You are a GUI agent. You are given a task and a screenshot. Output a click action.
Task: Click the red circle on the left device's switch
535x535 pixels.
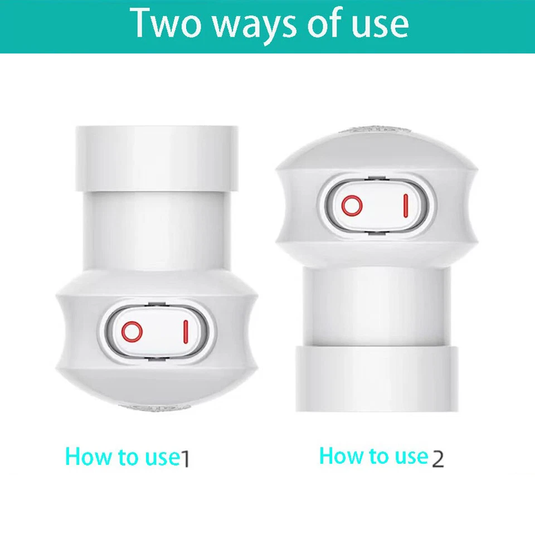pyautogui.click(x=133, y=332)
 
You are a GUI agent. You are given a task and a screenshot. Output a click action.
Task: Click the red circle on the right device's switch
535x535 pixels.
pyautogui.click(x=352, y=206)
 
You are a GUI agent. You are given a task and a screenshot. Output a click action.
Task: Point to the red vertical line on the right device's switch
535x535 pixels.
pyautogui.click(x=406, y=206)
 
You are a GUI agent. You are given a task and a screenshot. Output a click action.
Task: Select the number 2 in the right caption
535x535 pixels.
pyautogui.click(x=438, y=458)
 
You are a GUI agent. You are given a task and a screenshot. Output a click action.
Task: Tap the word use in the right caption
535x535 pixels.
pyautogui.click(x=411, y=456)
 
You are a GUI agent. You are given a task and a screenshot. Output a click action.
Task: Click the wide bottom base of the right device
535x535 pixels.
pyautogui.click(x=377, y=379)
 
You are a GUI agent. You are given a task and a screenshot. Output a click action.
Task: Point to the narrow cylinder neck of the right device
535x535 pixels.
pyautogui.click(x=377, y=304)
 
